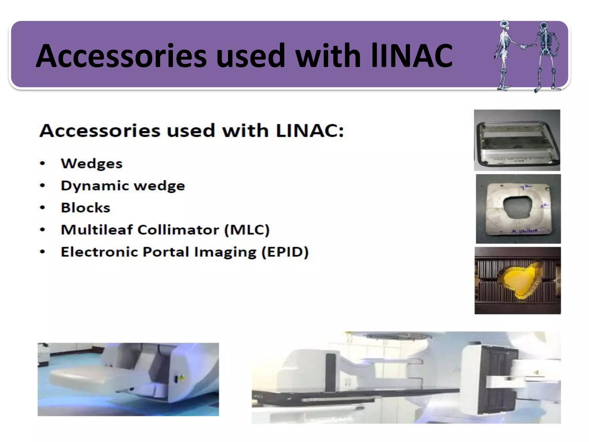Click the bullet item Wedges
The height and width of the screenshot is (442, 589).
click(91, 164)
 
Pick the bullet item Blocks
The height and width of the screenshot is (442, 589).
click(85, 208)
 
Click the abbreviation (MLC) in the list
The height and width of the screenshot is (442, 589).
click(247, 230)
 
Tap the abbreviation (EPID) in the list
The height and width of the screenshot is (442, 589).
click(285, 252)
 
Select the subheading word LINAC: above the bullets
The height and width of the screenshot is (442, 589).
click(310, 131)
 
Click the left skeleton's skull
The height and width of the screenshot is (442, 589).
click(504, 25)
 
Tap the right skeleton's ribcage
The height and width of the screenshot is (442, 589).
click(544, 40)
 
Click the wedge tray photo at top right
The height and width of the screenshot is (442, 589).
click(517, 140)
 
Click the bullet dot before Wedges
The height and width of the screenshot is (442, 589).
click(43, 164)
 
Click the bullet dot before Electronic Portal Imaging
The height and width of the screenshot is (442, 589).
click(43, 252)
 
